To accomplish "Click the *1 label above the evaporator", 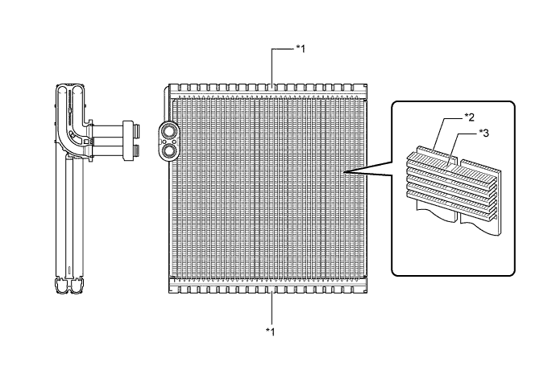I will point(300,48).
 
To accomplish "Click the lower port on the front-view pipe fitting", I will point(170,148).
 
